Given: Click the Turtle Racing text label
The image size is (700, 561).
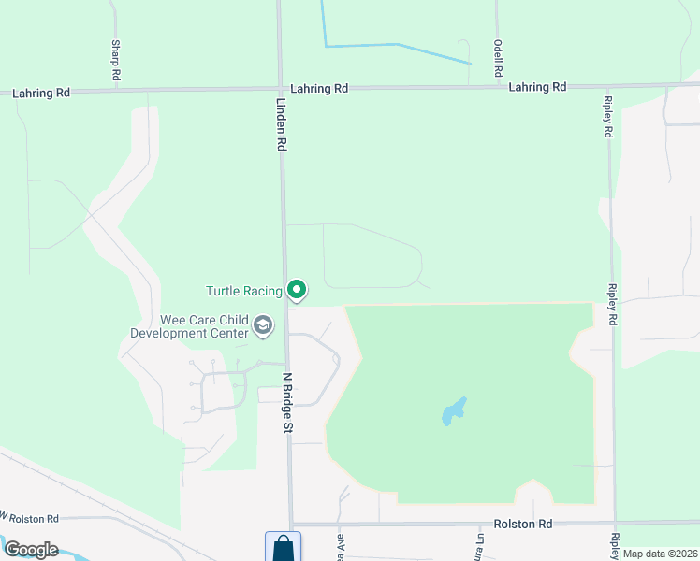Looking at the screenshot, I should point(243,291).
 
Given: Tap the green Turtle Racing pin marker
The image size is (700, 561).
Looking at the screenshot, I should point(297,291).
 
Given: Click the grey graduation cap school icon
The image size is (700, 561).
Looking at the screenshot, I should point(263,326).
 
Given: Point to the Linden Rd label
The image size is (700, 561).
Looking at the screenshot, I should point(280,125).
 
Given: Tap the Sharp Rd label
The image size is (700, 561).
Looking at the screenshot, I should point(116,58).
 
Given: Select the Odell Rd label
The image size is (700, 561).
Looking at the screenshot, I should point(498,58).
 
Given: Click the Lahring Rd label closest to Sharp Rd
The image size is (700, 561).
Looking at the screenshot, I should point(41,93).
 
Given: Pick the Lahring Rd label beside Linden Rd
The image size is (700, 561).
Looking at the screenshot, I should point(319,89).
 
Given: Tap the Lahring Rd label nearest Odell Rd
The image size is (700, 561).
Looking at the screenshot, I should point(537,87).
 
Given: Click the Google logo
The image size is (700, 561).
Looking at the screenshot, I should point(31,549).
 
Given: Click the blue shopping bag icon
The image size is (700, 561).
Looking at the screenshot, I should point(283,548).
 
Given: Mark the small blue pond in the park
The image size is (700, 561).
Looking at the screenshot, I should point(455,411).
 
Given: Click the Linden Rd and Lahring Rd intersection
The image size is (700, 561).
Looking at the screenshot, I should point(280,89).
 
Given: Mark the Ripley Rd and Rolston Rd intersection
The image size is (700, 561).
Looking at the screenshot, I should point(615,524).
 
